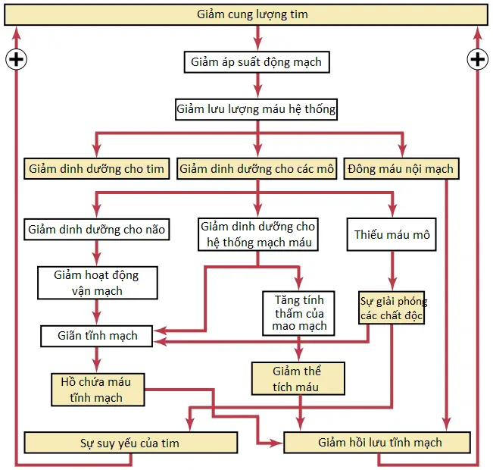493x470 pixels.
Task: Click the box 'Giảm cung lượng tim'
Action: click(246, 14)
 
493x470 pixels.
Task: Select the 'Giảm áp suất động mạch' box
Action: click(257, 62)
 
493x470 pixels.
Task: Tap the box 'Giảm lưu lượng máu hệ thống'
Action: click(256, 109)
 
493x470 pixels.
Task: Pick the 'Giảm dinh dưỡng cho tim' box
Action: click(97, 169)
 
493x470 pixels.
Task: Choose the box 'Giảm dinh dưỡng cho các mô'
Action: click(257, 169)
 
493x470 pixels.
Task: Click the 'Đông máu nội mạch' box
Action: click(401, 169)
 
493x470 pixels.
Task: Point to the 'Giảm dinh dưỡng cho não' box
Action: click(97, 229)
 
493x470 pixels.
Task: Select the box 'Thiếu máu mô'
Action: click(392, 234)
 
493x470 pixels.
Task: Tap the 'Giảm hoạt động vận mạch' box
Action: click(98, 283)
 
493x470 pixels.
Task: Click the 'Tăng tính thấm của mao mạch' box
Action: click(298, 313)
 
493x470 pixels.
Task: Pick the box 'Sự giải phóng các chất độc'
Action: click(392, 308)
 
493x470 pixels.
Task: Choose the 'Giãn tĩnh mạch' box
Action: click(97, 336)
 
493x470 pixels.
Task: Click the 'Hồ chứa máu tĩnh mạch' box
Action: click(98, 390)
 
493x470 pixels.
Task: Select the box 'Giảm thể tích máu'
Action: click(298, 378)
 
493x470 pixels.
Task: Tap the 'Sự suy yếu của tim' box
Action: click(131, 443)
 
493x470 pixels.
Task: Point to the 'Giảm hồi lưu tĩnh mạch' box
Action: click(377, 442)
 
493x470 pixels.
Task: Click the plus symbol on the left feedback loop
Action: click(17, 59)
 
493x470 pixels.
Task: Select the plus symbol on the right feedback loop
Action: click(478, 59)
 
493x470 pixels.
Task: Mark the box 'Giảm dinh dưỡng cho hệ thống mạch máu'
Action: click(258, 234)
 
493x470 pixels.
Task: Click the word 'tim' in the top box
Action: click(299, 14)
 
